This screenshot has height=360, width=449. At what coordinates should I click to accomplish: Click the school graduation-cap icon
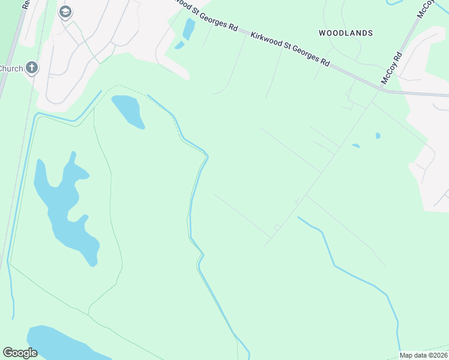coord(65,11)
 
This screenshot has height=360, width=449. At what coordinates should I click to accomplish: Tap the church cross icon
coord(32,68)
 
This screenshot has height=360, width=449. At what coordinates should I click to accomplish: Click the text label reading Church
coord(11,68)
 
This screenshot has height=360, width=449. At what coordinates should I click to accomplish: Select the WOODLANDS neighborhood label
coord(346,33)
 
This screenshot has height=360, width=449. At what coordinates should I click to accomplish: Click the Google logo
coord(20,353)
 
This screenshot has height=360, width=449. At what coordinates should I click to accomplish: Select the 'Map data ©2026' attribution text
coord(423,355)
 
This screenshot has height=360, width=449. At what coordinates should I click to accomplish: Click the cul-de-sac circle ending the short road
coord(277,227)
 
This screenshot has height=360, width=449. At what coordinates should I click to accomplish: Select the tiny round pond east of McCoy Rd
coord(378,136)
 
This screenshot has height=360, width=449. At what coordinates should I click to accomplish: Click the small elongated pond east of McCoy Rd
coord(356,145)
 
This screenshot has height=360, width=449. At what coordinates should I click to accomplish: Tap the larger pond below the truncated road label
coord(189,28)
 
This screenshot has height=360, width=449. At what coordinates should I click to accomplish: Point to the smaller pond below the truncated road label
coord(179,45)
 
